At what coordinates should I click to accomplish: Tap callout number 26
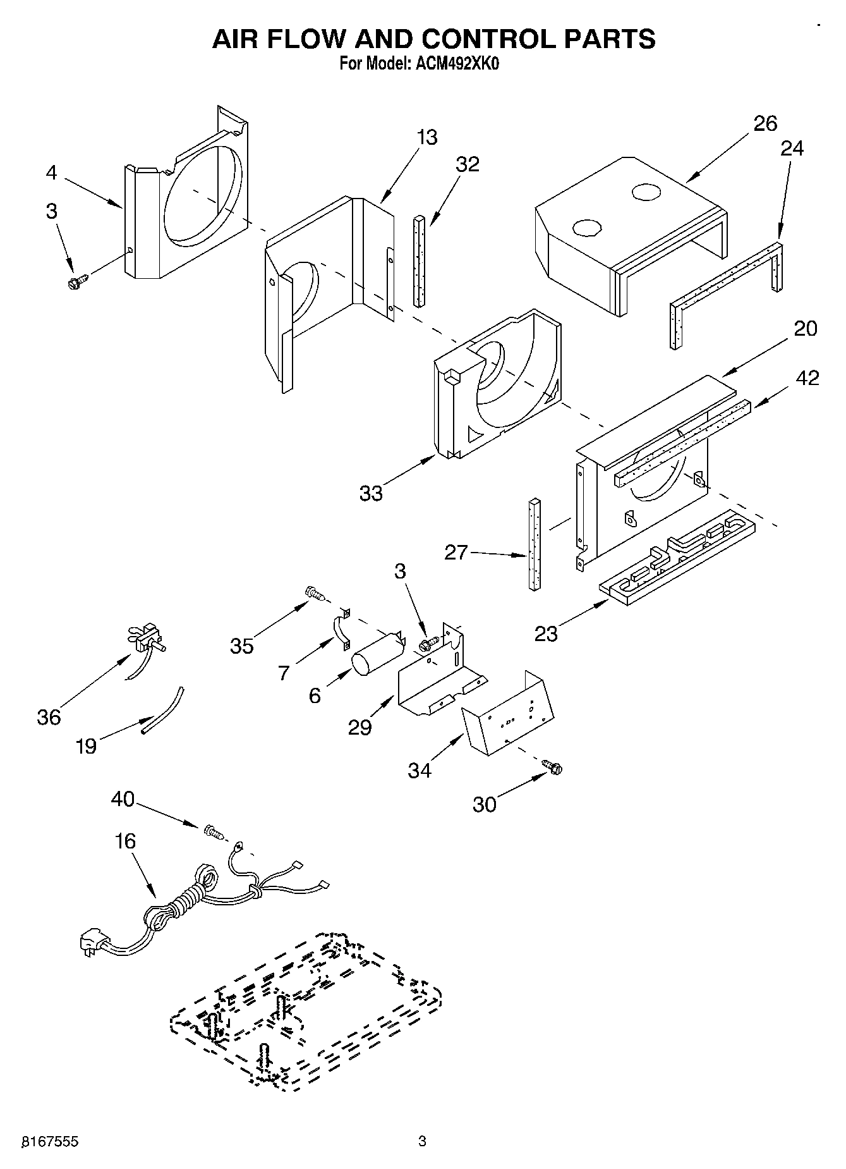point(765,123)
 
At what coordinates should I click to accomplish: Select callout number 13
point(427,137)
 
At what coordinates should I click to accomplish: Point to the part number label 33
point(371,493)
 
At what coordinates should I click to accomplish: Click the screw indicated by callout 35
point(315,592)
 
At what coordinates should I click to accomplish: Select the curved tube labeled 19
point(162,710)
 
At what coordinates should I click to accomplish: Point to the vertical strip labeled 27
point(535,543)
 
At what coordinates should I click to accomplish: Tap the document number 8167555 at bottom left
point(50,1141)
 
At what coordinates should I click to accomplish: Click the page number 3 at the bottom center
point(422,1141)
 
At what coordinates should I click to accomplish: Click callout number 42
point(807,378)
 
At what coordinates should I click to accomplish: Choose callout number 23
point(546,633)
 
